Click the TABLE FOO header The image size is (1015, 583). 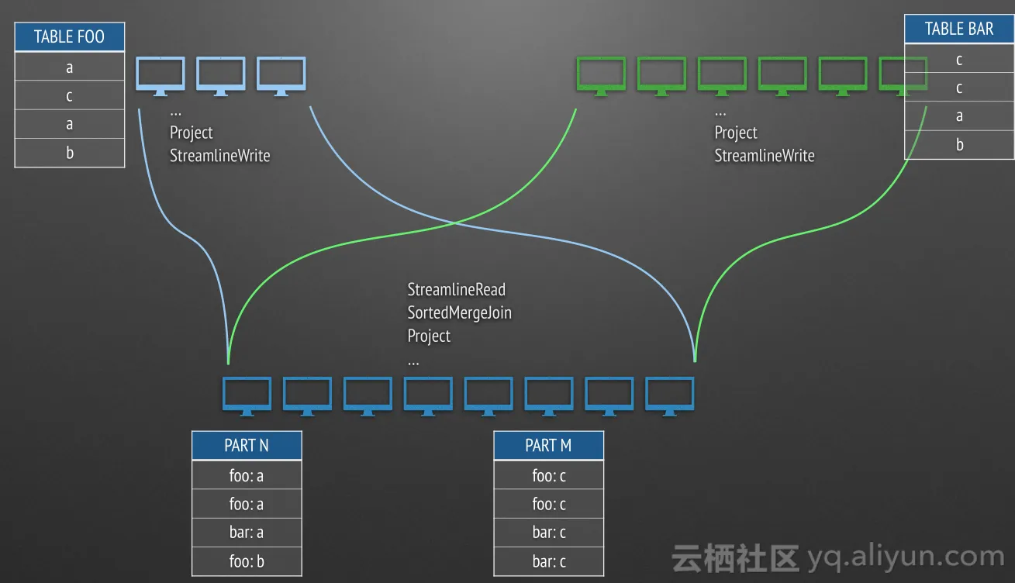pos(69,37)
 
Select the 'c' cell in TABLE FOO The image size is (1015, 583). pos(69,96)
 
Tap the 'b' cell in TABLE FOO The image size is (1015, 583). pos(69,153)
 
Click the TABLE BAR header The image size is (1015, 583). pos(959,29)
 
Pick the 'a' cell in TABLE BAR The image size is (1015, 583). pos(959,116)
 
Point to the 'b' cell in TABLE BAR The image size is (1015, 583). pos(959,145)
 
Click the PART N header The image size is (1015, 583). pos(247,445)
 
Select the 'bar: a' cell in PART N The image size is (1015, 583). pos(247,533)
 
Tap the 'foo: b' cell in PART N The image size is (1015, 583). pos(247,561)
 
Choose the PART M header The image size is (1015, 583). pos(548,445)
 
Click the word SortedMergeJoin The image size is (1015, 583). pos(459,313)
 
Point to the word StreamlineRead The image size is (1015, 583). pos(456,290)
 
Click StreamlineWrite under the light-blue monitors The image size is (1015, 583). pos(220,156)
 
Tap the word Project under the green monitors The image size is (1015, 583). pos(735,133)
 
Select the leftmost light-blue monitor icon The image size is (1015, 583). pos(161,76)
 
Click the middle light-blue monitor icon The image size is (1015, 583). pos(221,76)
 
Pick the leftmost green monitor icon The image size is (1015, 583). pos(601,76)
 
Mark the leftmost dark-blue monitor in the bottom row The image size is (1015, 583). pos(247,396)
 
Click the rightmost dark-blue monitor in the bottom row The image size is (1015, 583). pos(670,396)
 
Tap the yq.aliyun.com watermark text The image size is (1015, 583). pos(905,557)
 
